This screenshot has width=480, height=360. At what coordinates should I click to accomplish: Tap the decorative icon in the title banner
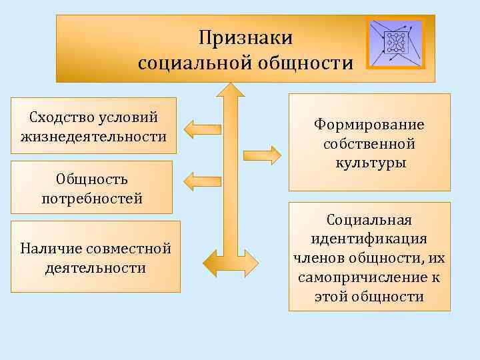[x=396, y=42]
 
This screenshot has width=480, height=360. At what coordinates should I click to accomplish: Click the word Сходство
[x=59, y=118]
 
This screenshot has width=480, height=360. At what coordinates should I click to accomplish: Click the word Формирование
[x=369, y=125]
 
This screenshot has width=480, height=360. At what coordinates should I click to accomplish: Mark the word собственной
[x=369, y=144]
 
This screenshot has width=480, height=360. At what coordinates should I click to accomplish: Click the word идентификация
[x=369, y=239]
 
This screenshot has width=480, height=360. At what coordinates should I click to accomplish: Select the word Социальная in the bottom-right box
[x=369, y=220]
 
